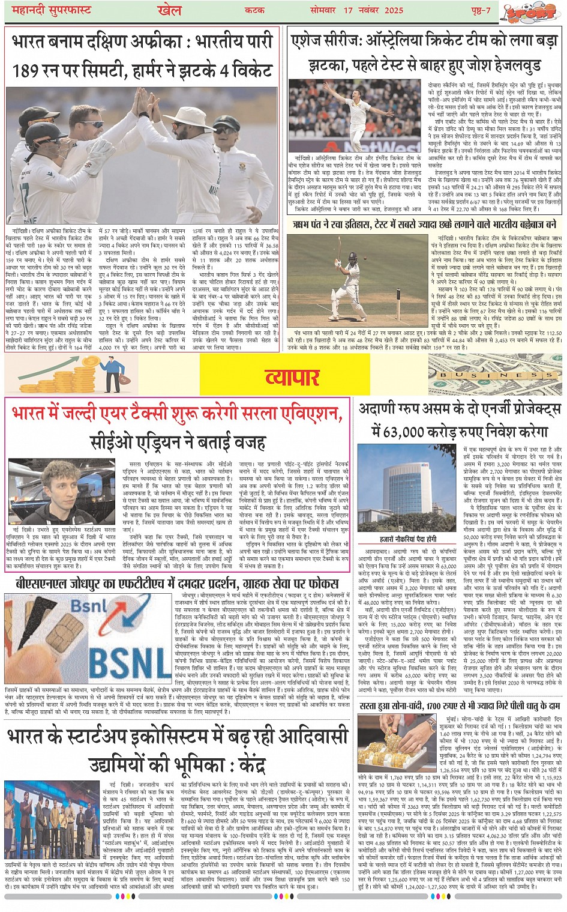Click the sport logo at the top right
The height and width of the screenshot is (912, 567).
528,12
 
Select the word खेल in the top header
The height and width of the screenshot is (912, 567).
169,11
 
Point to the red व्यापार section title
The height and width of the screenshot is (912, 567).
292,377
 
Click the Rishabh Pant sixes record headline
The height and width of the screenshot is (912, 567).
424,225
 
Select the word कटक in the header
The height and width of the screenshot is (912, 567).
254,11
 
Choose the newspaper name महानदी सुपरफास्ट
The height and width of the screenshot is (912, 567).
48,11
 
